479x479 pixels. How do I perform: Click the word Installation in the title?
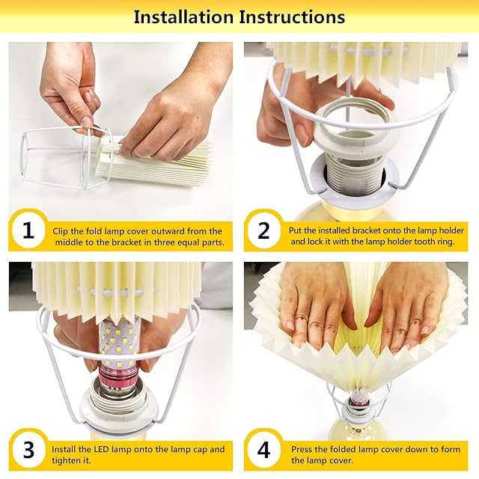coord(183,16)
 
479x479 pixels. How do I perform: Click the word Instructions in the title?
coord(292,16)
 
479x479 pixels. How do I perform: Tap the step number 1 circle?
coord(28,231)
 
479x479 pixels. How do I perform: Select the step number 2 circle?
coord(264,231)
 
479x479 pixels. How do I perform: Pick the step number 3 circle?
coord(28,450)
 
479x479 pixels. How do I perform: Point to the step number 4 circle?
coord(264,450)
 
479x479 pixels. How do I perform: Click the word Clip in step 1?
coord(59,231)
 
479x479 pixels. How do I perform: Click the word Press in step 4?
coord(302,449)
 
